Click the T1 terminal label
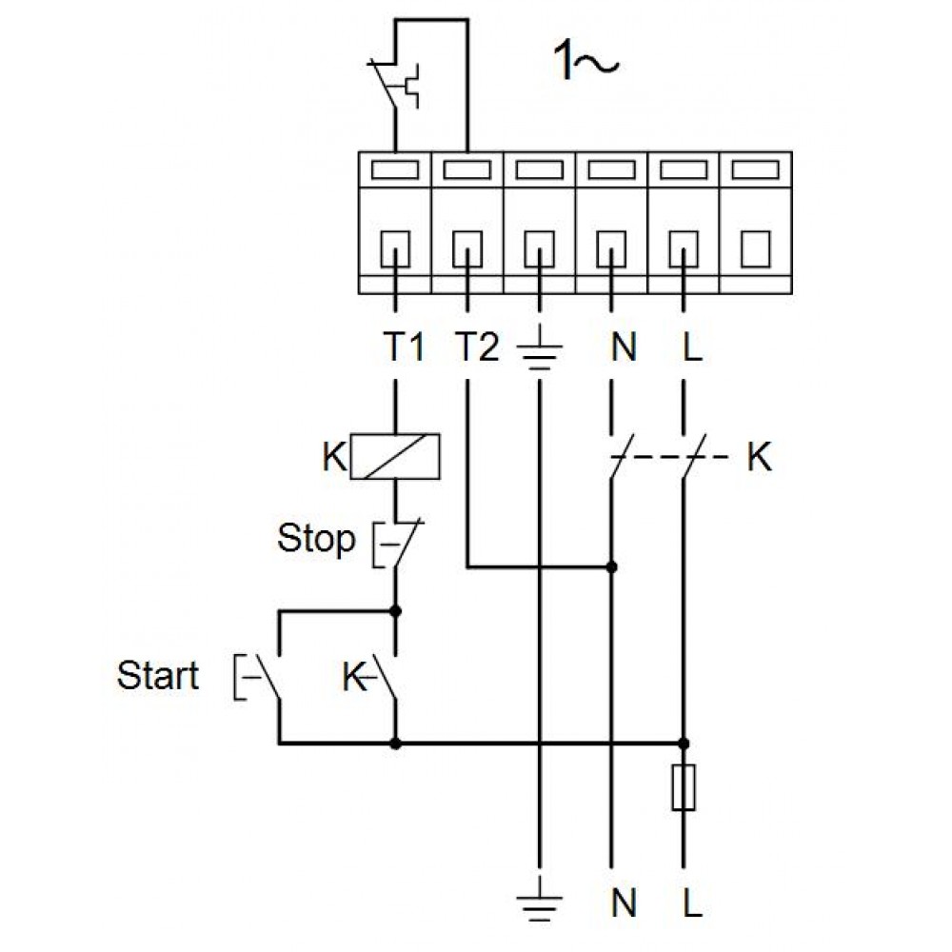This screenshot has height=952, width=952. [x=403, y=347]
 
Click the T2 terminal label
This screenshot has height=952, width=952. [x=477, y=347]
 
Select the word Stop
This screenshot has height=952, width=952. [x=316, y=538]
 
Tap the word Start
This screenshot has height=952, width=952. [x=158, y=675]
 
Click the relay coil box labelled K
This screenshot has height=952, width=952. [x=395, y=457]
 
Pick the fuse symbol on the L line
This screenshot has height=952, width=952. [x=684, y=787]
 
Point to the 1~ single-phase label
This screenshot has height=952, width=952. [x=585, y=61]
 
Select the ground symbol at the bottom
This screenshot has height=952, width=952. [x=539, y=902]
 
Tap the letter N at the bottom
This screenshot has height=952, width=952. [x=624, y=902]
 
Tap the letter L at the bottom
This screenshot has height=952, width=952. [x=692, y=902]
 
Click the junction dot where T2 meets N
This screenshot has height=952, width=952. [x=611, y=567]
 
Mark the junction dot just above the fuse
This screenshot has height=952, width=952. [x=684, y=744]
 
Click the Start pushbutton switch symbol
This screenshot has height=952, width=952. [x=259, y=677]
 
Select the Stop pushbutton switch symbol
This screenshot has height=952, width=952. [x=397, y=544]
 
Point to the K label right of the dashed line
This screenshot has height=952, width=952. [x=759, y=457]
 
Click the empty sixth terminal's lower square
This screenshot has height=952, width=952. [x=756, y=248]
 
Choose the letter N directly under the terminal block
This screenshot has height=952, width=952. [x=624, y=347]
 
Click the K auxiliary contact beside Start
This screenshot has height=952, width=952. [x=382, y=677]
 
